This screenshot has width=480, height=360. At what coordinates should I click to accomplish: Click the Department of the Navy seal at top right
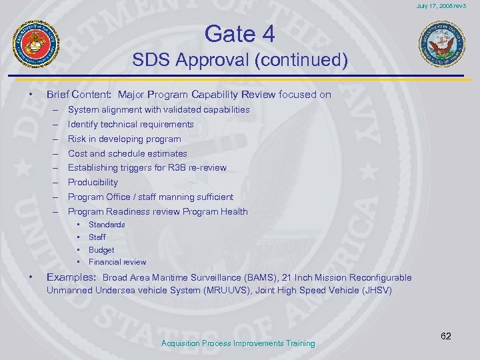(x=439, y=44)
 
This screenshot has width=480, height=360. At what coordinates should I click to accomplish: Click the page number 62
(x=446, y=336)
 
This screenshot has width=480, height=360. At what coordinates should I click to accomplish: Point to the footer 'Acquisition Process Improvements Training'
(x=238, y=343)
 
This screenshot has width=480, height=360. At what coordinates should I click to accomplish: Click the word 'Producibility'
(x=93, y=182)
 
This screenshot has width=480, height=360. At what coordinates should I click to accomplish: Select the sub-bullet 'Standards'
(x=107, y=225)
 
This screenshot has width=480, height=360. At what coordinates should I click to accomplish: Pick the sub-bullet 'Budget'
(x=101, y=250)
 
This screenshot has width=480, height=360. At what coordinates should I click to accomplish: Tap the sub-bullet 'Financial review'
(x=117, y=262)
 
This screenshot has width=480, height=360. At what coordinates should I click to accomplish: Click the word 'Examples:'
(x=71, y=277)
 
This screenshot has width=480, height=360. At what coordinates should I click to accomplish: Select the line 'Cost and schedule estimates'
(x=127, y=153)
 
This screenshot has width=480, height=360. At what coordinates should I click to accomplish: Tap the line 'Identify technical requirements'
(x=131, y=124)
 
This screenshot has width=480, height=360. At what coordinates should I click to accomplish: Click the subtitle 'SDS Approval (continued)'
(x=240, y=61)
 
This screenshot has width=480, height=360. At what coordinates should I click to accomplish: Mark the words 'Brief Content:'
(x=72, y=95)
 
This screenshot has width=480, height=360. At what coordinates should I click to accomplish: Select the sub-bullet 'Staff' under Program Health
(x=97, y=237)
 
